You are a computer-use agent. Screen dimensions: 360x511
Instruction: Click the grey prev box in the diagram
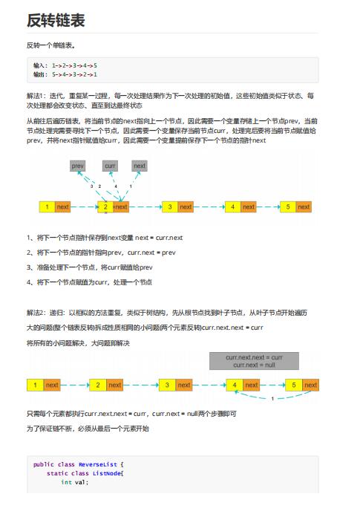pyautogui.click(x=79, y=166)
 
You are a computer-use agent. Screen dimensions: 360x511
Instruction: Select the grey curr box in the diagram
pyautogui.click(x=110, y=166)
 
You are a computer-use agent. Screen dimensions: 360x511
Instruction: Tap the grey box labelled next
pyautogui.click(x=140, y=166)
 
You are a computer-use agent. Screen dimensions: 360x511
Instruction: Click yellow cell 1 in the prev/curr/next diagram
pyautogui.click(x=47, y=206)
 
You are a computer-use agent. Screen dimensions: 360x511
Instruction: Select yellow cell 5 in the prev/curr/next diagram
pyautogui.click(x=287, y=206)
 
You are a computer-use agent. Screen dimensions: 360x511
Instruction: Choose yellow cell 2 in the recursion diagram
pyautogui.click(x=98, y=385)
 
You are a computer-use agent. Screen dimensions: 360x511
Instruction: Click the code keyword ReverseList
pyautogui.click(x=95, y=463)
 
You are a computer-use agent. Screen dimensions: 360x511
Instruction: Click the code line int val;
pyautogui.click(x=74, y=482)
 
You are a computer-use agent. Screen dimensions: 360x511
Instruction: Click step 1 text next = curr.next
pyautogui.click(x=159, y=238)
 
